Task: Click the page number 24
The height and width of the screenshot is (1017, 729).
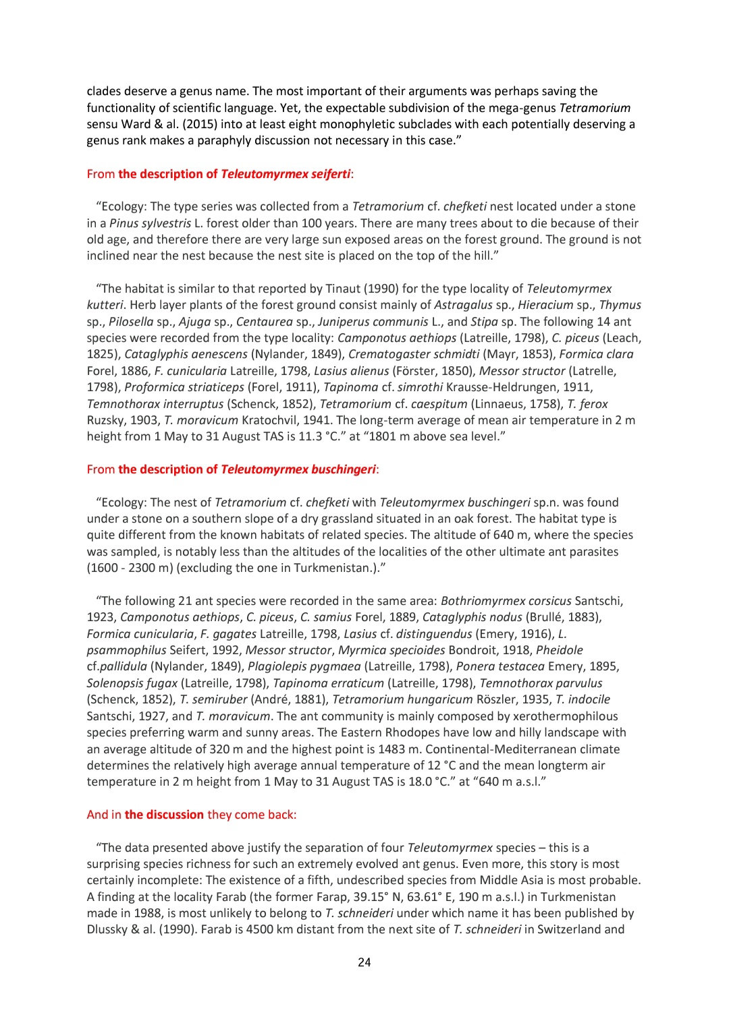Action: pos(364,962)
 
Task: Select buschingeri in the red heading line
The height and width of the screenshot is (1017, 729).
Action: pos(343,469)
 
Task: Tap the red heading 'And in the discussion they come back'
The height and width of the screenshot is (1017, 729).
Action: pos(192,815)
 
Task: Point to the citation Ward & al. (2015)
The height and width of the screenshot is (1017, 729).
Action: pos(165,124)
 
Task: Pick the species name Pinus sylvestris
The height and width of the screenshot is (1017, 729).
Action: pos(150,223)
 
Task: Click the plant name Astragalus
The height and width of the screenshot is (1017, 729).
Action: pos(463,305)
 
